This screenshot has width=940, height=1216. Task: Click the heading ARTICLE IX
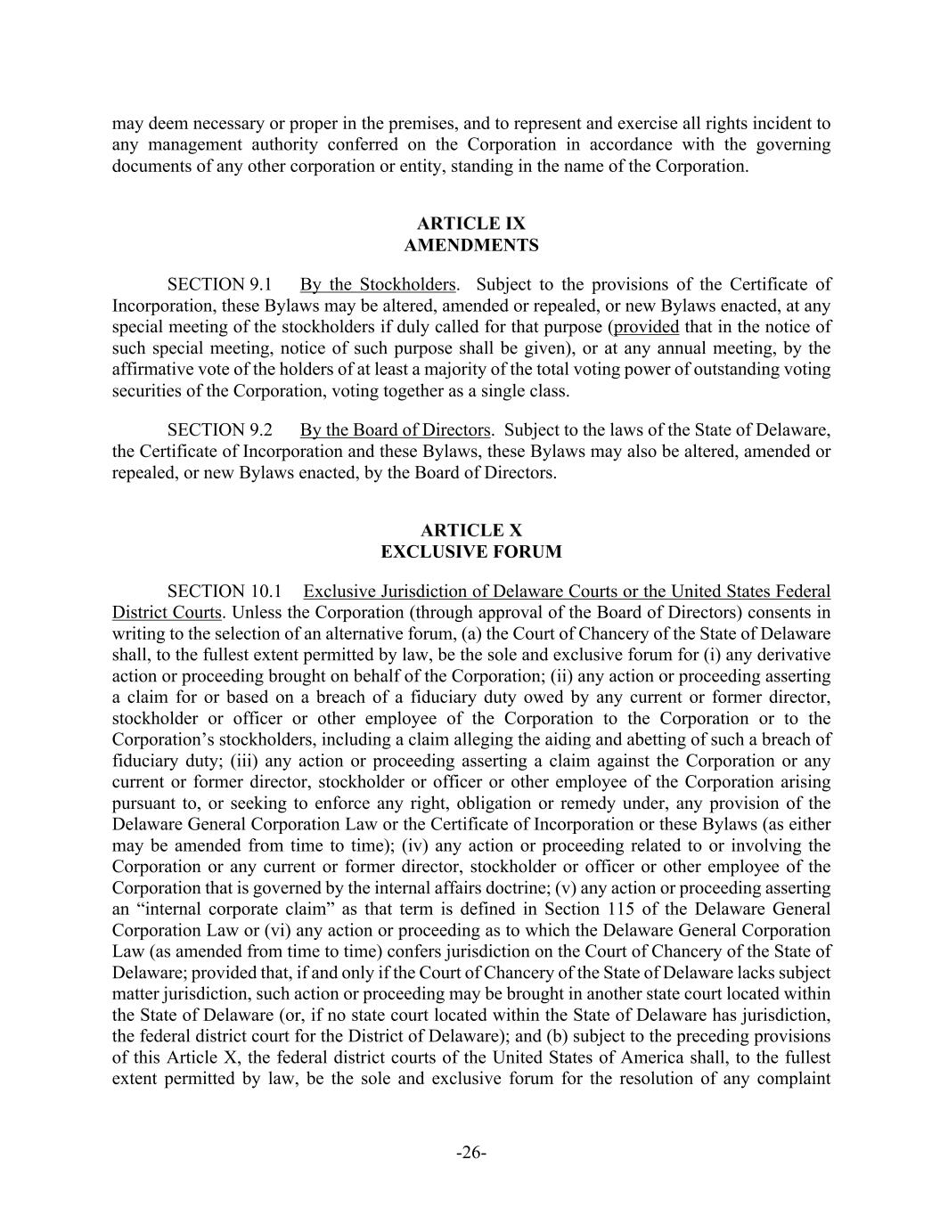coord(470,224)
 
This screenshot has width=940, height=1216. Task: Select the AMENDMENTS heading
coord(470,245)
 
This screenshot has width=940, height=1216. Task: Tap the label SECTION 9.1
coord(219,285)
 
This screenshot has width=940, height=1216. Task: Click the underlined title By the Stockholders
coord(378,285)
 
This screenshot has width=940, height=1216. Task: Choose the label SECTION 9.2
coord(219,430)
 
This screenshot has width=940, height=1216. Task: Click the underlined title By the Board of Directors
coord(395,430)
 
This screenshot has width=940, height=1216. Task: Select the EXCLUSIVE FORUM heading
coord(470,552)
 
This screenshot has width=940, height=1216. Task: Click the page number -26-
coord(470,1154)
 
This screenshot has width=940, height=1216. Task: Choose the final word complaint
coord(793,1080)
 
